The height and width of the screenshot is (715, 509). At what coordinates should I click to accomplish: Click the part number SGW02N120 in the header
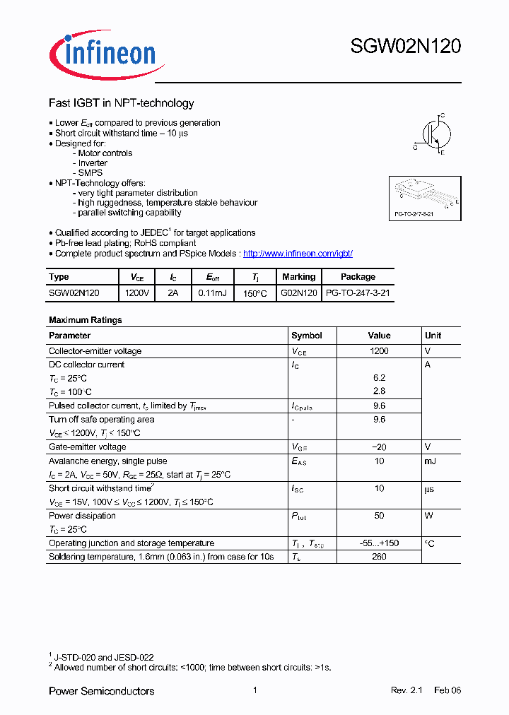click(x=406, y=47)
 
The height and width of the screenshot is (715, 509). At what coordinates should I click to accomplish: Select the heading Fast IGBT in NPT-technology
click(x=121, y=103)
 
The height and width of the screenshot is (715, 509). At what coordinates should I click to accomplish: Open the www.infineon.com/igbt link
click(x=298, y=253)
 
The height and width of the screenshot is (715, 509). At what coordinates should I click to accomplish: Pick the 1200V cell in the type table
click(x=136, y=292)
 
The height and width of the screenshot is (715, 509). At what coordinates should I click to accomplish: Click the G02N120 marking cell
click(x=298, y=292)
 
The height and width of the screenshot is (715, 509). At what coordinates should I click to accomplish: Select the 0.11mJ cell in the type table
click(x=212, y=292)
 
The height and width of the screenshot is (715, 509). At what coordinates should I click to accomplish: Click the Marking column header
click(x=298, y=277)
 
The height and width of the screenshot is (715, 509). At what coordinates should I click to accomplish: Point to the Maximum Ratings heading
click(x=85, y=320)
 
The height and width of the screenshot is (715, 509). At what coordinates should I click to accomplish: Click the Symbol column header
click(x=306, y=336)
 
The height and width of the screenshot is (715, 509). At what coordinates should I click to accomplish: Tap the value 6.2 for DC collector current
click(x=379, y=378)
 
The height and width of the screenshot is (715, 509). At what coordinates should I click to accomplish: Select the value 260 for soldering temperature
click(x=379, y=557)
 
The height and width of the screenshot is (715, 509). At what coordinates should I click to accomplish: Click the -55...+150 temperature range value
click(x=379, y=543)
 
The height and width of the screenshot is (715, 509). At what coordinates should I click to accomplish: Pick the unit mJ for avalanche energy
click(x=431, y=461)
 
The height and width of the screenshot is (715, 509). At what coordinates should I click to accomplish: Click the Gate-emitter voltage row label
click(x=87, y=447)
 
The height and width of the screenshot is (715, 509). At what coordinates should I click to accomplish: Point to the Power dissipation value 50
click(x=379, y=516)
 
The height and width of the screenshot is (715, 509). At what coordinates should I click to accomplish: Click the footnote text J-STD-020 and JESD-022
click(x=104, y=657)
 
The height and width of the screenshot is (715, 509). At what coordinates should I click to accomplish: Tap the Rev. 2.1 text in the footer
click(x=406, y=690)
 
